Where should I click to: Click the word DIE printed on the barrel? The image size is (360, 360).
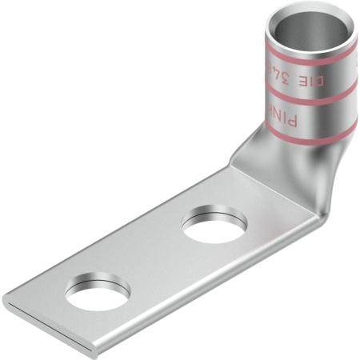314,78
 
